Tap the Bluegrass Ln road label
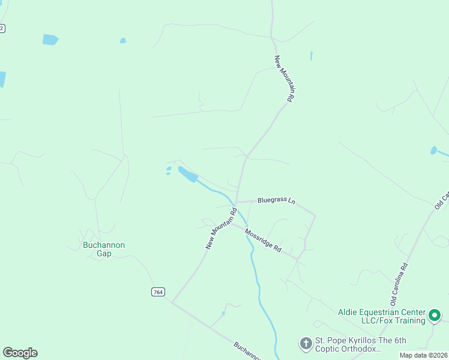point(277,200)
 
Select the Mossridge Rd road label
point(263,239)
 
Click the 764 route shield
point(157,292)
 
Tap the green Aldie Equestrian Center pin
point(435,314)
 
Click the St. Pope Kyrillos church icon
point(306,344)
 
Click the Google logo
point(20,353)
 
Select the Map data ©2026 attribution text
point(423,355)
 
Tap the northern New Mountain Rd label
point(283,79)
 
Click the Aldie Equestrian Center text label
point(382,316)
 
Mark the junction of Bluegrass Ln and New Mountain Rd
point(237,202)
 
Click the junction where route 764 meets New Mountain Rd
point(172,302)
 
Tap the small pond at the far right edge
point(433,150)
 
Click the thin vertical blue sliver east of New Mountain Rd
point(311,56)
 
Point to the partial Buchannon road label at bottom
point(246,352)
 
